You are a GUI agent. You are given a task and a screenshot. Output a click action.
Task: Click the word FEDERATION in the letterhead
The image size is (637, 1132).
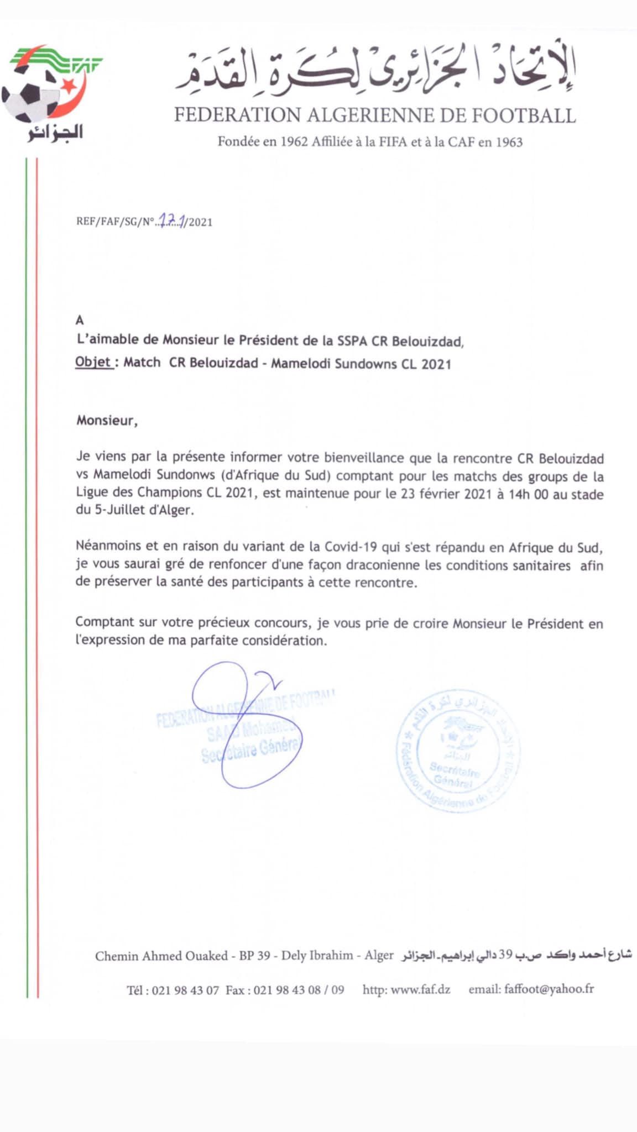pyautogui.click(x=237, y=115)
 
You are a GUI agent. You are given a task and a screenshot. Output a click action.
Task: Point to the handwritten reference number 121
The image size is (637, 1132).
pyautogui.click(x=172, y=221)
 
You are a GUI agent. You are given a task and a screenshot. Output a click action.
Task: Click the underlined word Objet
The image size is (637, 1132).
pyautogui.click(x=93, y=363)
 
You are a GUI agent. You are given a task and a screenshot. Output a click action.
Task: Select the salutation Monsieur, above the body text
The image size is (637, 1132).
pyautogui.click(x=107, y=421)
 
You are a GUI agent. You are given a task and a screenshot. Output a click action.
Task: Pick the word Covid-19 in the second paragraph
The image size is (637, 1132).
pyautogui.click(x=351, y=547)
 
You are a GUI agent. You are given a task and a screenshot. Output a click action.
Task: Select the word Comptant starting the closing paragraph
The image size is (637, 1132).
pyautogui.click(x=105, y=622)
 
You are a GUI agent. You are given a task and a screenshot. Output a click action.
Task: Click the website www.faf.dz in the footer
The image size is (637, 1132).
pyautogui.click(x=420, y=989)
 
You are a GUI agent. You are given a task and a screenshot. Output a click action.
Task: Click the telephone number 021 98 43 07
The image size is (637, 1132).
pyautogui.click(x=185, y=990)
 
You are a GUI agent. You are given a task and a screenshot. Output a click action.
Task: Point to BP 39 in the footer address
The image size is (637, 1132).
pyautogui.click(x=254, y=956)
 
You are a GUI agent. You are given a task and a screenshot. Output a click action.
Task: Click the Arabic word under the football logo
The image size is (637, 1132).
pyautogui.click(x=55, y=133)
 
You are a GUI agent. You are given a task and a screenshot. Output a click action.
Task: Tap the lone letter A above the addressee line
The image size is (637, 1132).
pyautogui.click(x=80, y=320)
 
